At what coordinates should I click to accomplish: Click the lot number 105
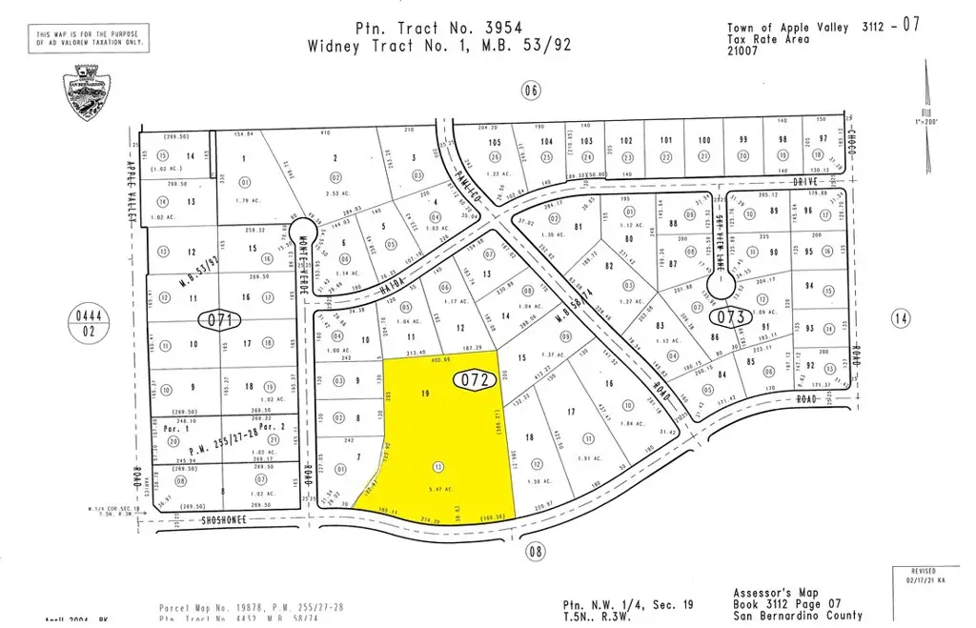(494, 142)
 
